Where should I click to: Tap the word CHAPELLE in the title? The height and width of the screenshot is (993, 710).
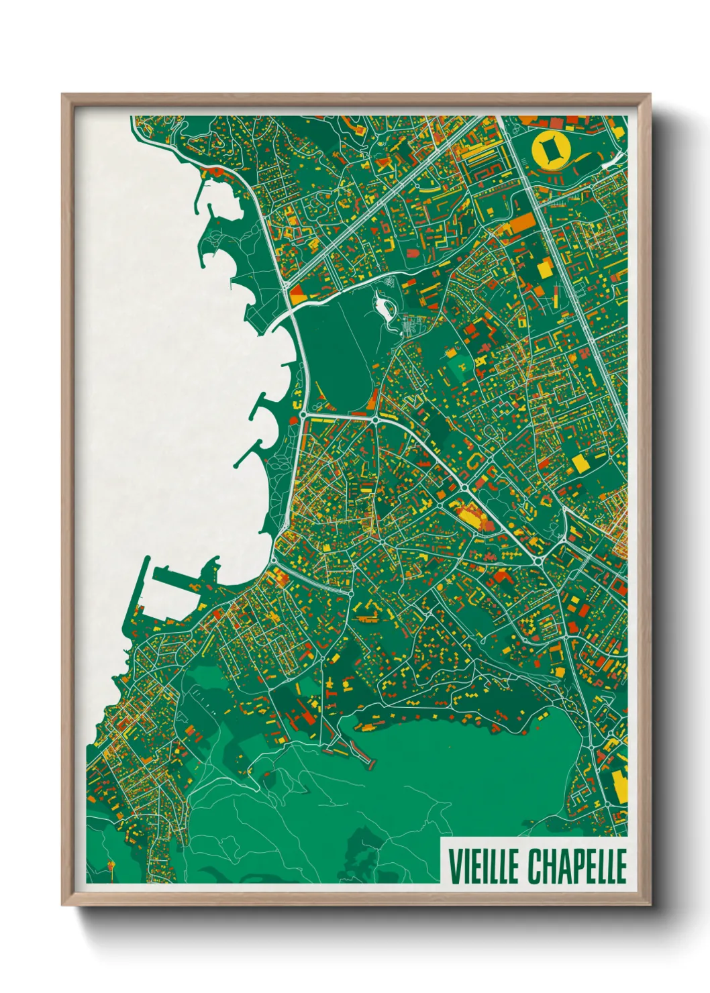[576, 866]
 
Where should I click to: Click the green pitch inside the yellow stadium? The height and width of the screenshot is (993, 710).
[550, 149]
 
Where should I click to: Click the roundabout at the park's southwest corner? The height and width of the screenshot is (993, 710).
[303, 415]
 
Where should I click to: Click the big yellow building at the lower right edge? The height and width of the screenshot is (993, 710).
[619, 786]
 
